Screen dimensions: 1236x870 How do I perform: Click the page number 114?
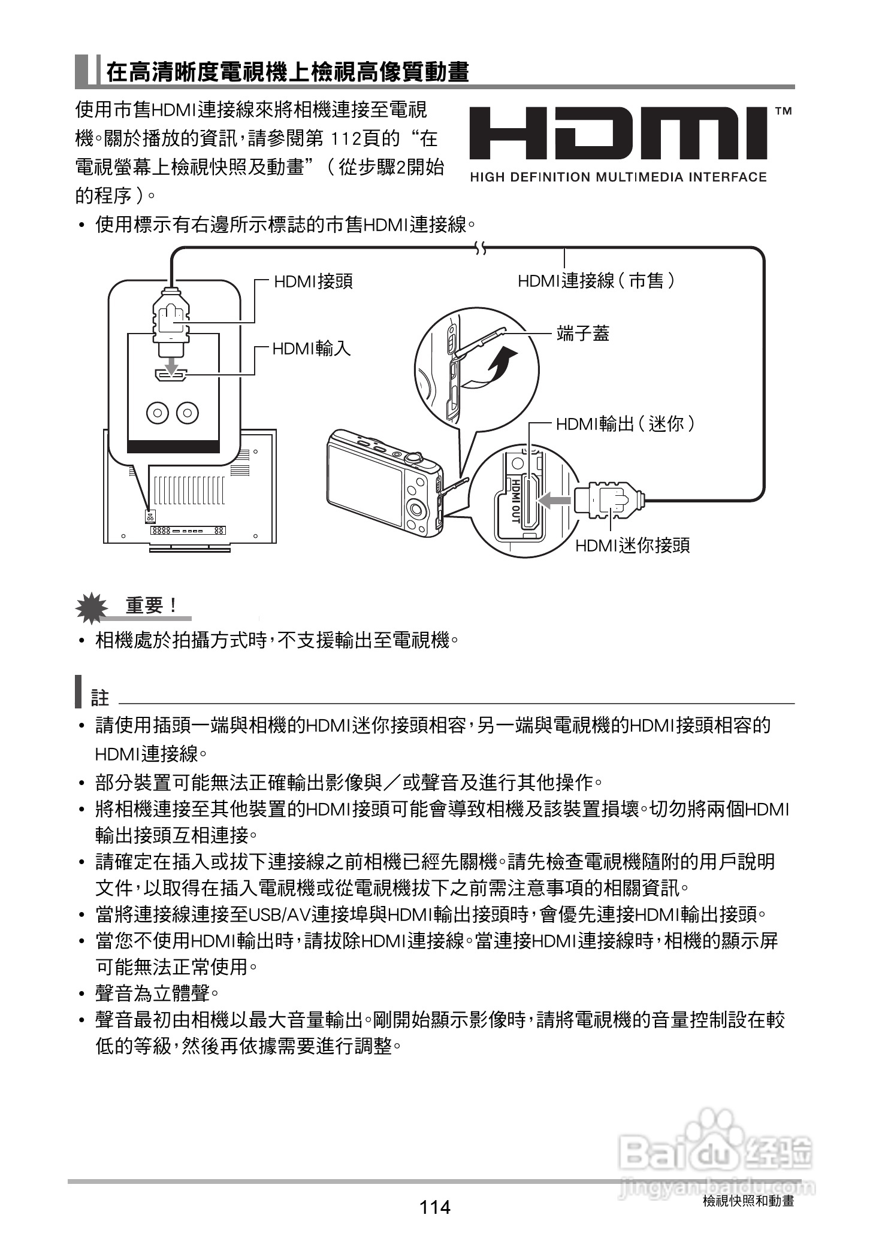pos(435,1207)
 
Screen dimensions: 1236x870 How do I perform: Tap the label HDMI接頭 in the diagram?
pos(313,281)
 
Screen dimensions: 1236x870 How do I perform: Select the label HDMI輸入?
pos(312,349)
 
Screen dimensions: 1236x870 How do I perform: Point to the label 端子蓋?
pos(582,334)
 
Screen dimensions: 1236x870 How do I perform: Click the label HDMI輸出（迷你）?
pos(626,425)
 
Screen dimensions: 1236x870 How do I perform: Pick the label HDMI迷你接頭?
pos(632,546)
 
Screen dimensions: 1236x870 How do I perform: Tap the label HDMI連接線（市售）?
pos(597,280)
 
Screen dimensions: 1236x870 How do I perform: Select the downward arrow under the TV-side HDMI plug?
pos(171,364)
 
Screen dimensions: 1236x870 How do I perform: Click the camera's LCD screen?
pos(365,486)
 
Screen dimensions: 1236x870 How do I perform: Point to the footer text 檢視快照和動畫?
pos(748,1201)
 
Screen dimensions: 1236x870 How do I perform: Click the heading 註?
pos(99,698)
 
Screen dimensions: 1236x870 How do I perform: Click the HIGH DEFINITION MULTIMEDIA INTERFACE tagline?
pos(618,177)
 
